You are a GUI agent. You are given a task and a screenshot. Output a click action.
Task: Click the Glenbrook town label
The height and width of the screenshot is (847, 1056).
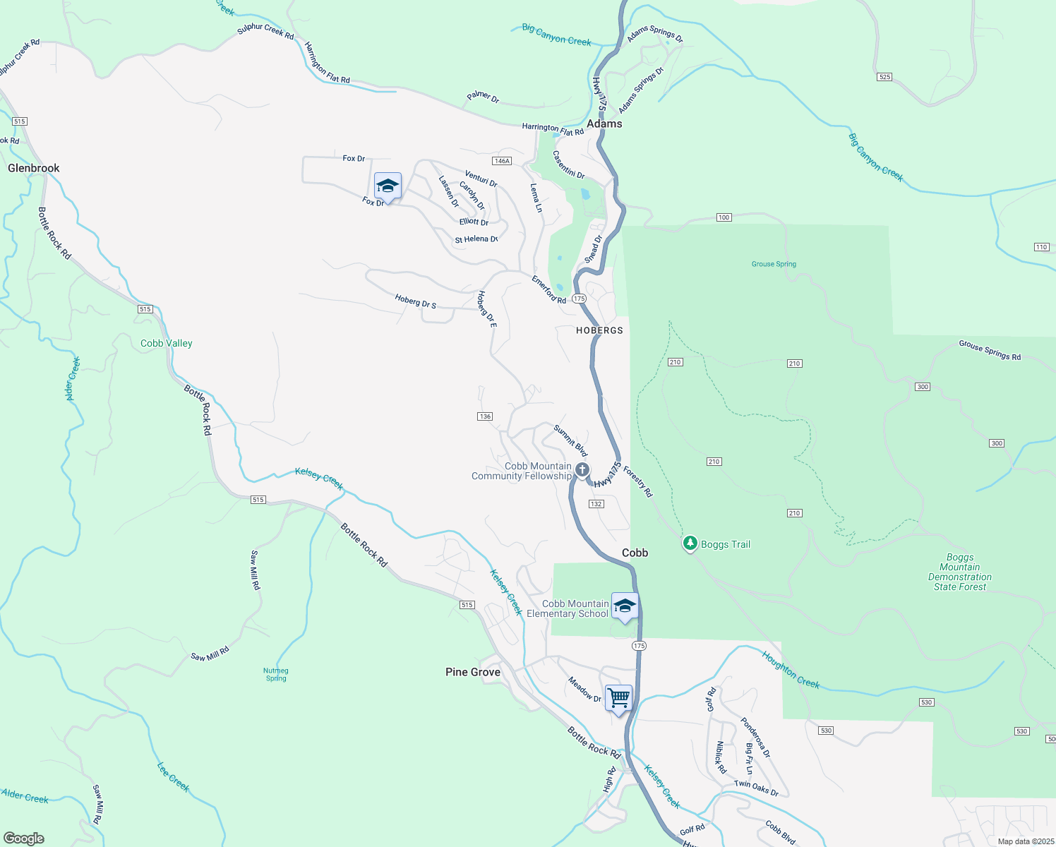coord(34,168)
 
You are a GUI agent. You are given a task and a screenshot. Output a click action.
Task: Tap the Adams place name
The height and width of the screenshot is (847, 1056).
coord(605,124)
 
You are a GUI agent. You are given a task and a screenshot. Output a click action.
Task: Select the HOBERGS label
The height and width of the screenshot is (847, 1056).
coord(599,330)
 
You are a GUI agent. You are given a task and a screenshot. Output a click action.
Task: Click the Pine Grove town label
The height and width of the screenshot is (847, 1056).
coord(473,672)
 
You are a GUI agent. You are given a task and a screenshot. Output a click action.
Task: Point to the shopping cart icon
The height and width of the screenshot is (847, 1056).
coord(618,698)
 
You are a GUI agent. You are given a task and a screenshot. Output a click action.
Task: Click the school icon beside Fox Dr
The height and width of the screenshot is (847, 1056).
coord(388,186)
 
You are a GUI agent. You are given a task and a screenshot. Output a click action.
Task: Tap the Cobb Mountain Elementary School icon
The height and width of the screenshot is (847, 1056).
coord(625,606)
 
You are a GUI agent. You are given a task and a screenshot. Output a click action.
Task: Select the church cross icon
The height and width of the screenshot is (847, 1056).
coord(582,470)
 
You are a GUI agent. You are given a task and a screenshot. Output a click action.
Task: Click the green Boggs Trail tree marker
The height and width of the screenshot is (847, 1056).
coord(690,543)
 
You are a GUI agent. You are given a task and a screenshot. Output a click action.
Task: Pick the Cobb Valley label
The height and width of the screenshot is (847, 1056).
coord(167,343)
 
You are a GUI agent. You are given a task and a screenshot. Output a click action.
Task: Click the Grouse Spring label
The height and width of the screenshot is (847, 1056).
coord(774,264)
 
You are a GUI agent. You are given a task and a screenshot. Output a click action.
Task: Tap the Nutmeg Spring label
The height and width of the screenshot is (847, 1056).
coord(276,675)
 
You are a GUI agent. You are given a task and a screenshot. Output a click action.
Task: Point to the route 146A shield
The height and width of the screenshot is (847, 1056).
coord(502,161)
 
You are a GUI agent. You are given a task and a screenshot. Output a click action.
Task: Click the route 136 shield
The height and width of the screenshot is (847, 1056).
coord(485,416)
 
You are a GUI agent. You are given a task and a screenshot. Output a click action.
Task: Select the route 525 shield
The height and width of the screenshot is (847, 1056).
coord(885,77)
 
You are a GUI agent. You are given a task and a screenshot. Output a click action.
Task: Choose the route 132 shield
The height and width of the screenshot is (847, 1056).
coord(596,504)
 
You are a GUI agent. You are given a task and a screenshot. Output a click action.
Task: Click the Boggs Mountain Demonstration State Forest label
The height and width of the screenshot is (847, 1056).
coord(960,572)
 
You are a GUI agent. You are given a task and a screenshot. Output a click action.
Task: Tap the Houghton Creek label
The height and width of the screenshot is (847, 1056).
coord(791,669)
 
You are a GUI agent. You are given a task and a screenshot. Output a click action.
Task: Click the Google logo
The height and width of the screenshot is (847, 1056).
coord(24,839)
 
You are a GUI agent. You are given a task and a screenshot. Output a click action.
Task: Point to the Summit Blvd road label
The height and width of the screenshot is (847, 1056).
coord(570,440)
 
